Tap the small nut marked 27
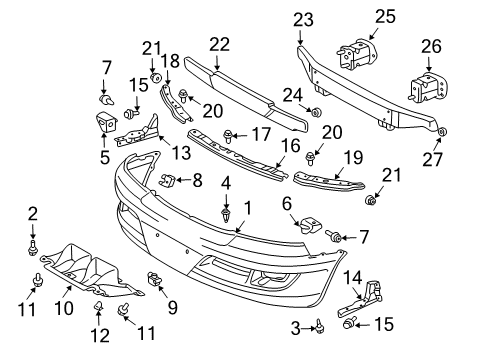tap(442, 132)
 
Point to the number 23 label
tap(303, 18)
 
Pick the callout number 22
tap(218, 44)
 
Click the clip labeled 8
tap(168, 179)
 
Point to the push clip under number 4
tap(226, 213)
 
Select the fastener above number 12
tap(100, 306)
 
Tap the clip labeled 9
tap(155, 279)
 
